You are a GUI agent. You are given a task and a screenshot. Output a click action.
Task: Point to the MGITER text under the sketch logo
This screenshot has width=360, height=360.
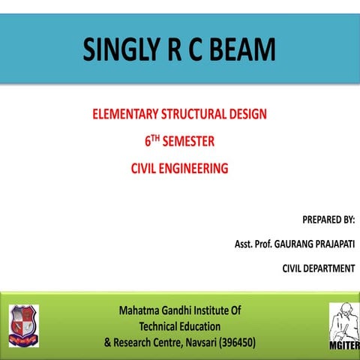(344, 346)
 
